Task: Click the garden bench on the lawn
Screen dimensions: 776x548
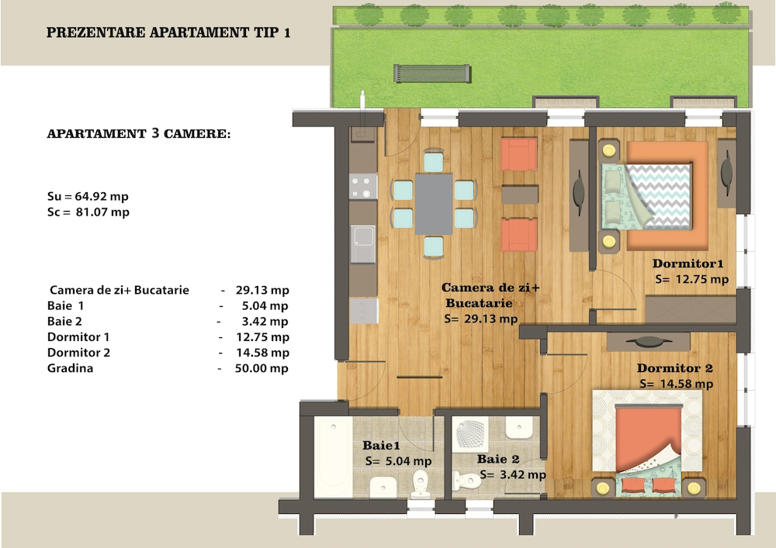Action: [x=432, y=74]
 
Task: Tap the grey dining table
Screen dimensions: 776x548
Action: [x=434, y=204]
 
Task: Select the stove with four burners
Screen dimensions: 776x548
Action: [x=363, y=186]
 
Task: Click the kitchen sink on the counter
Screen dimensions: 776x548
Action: [x=363, y=243]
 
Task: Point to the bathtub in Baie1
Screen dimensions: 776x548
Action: [x=334, y=457]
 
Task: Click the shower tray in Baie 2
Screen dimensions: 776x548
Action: [x=470, y=434]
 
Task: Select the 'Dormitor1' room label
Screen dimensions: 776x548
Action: [x=688, y=264]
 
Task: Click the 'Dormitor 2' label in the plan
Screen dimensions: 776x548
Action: [x=674, y=368]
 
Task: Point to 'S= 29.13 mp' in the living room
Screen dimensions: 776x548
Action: [x=480, y=319]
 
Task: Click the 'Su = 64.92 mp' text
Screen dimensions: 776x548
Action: [x=88, y=196]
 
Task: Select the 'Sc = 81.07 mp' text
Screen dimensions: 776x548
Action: [x=88, y=212]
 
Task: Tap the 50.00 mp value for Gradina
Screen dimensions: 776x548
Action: [x=262, y=368]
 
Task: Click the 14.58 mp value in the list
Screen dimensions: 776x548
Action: [x=262, y=353]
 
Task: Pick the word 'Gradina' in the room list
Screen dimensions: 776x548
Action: [x=70, y=368]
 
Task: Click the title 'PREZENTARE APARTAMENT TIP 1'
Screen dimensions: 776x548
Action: [x=168, y=33]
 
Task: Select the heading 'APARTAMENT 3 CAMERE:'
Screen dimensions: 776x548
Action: [x=139, y=133]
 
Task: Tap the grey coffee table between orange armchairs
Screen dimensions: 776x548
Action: [x=520, y=195]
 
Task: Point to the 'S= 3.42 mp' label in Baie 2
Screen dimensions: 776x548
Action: [x=513, y=475]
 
